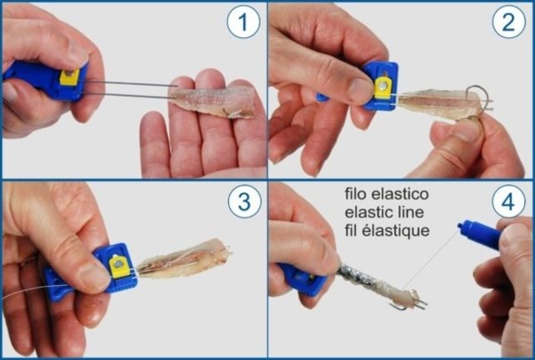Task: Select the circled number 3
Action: coord(242,203)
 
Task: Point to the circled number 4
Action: coord(509,203)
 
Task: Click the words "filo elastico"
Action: coord(387,194)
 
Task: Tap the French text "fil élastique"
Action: coord(387,230)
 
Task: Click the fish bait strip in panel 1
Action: coord(212,98)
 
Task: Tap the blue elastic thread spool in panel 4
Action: coord(481,235)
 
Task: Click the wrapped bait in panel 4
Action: coord(367,283)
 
